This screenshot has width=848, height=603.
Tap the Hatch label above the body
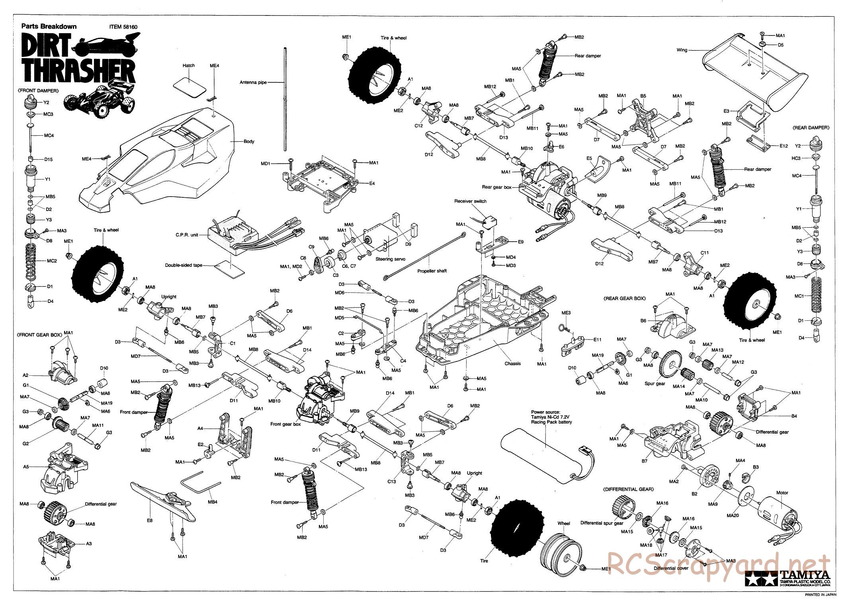pos(188,65)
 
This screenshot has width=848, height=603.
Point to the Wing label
pos(682,51)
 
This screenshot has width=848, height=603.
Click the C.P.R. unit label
pos(187,235)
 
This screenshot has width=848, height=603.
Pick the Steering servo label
pos(390,259)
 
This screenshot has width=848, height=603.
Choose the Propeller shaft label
pos(432,271)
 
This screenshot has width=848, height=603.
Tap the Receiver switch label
pos(470,201)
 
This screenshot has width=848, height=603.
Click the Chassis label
pos(512,363)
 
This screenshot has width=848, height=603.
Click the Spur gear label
pos(655,384)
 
